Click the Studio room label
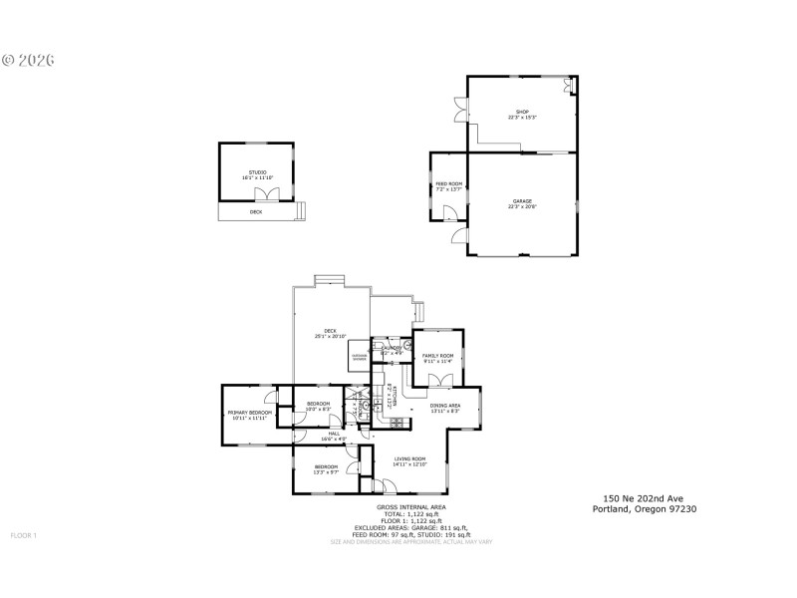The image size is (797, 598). coord(257,173)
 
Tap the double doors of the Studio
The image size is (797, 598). coord(264,194)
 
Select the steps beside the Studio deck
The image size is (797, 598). coord(300,211)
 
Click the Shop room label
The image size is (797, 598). coord(521,112)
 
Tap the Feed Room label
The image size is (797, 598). coord(448,184)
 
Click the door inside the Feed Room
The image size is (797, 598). coord(451,212)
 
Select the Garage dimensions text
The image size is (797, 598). coord(522,206)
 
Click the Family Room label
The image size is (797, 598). coord(437,356)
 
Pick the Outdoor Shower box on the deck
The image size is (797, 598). coord(360,357)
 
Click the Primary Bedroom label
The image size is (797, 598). coord(250,413)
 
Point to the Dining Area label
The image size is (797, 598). coord(444,406)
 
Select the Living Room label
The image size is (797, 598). coord(409,459)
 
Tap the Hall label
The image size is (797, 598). coord(335,435)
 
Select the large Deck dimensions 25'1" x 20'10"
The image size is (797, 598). coord(330,338)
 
